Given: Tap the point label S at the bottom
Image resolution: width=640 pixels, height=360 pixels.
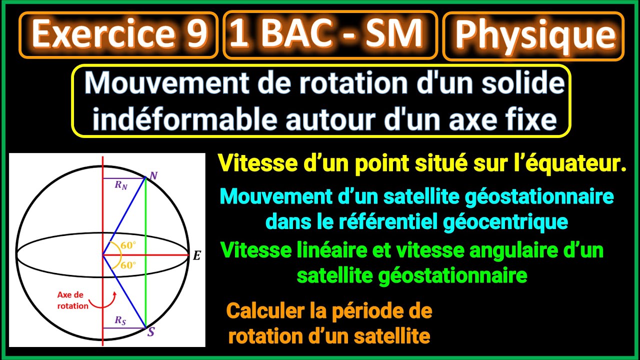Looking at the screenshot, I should point(151,332).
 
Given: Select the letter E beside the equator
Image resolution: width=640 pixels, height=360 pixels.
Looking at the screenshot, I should point(196,256).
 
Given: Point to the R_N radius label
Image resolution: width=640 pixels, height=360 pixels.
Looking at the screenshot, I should point(120,185).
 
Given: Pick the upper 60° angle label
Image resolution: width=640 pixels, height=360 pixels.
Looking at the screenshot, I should point(128,246).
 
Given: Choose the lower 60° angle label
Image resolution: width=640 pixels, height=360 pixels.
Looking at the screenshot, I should point(128,265).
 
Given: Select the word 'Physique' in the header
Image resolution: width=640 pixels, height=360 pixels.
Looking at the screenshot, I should point(534,35).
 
